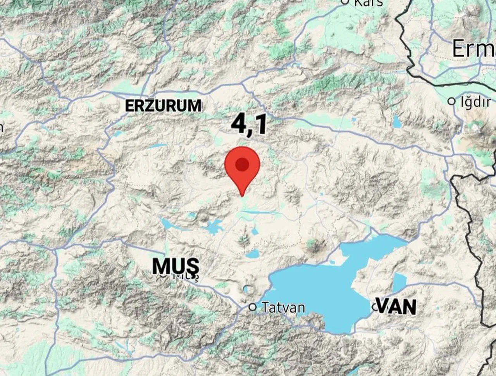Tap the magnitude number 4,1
[x=249, y=125]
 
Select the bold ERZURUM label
[x=163, y=106]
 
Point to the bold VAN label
[x=396, y=307]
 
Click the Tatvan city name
[x=283, y=308]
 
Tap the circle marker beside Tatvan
[x=253, y=307]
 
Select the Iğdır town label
[x=473, y=102]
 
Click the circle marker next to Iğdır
[x=451, y=101]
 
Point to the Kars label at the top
[x=369, y=2]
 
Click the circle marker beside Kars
[x=345, y=2]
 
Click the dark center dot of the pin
[x=242, y=164]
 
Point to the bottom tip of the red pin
[x=242, y=195]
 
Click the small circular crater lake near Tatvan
[x=248, y=289]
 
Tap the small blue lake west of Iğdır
[x=397, y=122]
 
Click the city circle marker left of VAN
[x=375, y=307]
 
